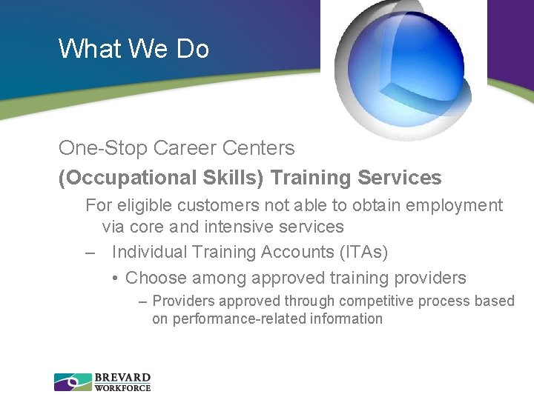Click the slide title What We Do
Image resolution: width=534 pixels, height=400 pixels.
133,49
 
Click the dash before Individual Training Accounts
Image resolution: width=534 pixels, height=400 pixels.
90,253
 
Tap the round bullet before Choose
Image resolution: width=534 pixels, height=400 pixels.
115,279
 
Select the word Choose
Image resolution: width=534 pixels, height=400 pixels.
156,279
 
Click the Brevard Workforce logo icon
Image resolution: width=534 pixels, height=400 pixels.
73,381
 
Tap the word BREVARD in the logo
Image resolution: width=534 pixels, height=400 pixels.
122,377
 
